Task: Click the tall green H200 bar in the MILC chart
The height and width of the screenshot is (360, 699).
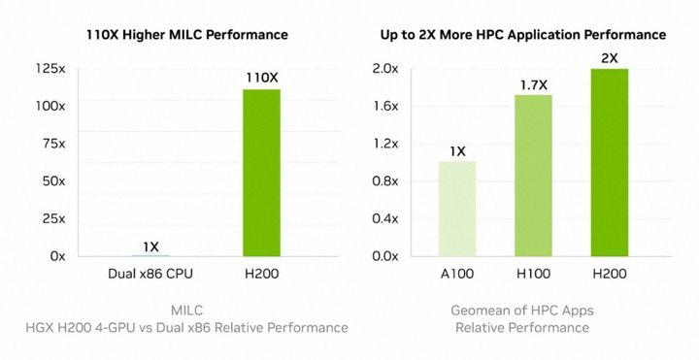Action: (x=261, y=173)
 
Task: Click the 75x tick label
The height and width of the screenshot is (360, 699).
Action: (x=52, y=144)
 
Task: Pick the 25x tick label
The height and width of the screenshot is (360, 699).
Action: (x=52, y=218)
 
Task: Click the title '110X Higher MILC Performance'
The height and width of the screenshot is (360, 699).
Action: (x=186, y=35)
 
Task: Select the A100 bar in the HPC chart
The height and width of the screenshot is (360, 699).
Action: (x=457, y=209)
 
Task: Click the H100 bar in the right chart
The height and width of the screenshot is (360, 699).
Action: (x=533, y=176)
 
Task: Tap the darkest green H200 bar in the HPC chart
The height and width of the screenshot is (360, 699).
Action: (x=609, y=162)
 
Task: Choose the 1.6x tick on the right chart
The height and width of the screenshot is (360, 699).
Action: (x=385, y=106)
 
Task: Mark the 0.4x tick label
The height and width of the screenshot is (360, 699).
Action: (x=385, y=218)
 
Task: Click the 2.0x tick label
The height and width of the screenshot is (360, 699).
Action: (x=385, y=68)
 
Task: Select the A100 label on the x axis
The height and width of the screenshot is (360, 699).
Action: (x=457, y=275)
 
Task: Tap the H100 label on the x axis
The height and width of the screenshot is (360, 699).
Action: (x=533, y=275)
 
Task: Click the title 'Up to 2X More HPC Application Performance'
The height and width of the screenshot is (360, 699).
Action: (x=522, y=35)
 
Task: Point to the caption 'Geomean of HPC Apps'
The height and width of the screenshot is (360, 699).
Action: (x=522, y=310)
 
